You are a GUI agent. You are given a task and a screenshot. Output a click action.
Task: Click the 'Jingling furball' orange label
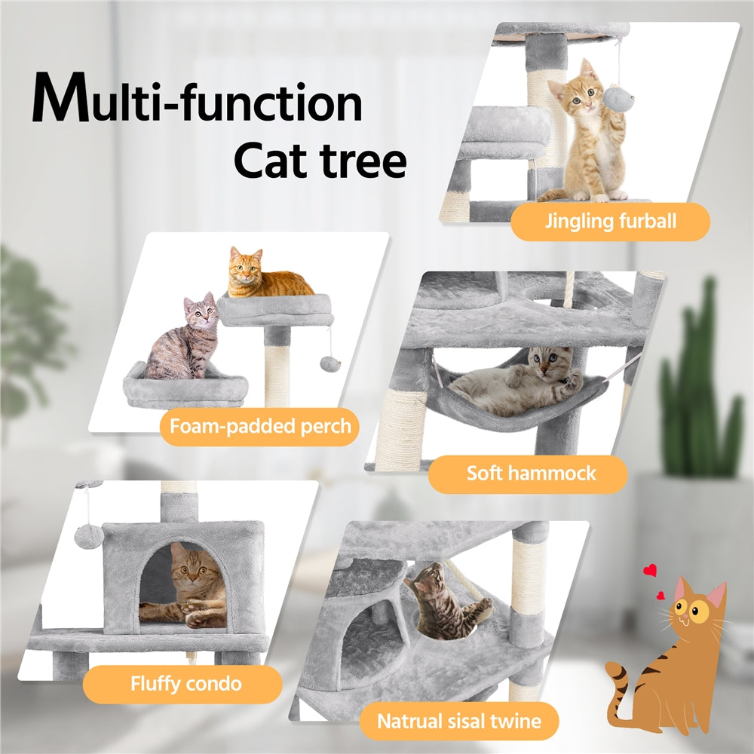(x=610, y=222)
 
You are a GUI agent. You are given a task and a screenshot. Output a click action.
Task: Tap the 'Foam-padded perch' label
(x=260, y=427)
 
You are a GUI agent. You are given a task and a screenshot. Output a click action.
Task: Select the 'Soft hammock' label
(x=531, y=474)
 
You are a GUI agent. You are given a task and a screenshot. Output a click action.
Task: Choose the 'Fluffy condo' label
(x=185, y=684)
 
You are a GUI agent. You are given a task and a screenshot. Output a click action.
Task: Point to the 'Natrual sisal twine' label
(x=458, y=721)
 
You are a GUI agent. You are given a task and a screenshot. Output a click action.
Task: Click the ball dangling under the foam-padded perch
(x=329, y=364)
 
